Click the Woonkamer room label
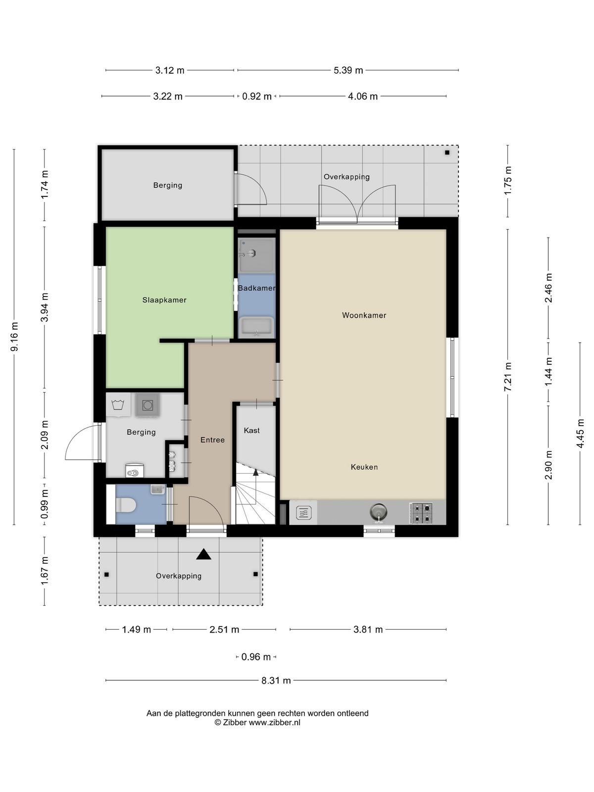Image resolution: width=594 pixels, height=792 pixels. (x=364, y=315)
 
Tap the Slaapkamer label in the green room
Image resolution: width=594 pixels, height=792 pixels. (x=164, y=300)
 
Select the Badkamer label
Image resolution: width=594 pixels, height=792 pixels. (x=256, y=288)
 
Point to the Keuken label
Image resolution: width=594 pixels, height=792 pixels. (x=364, y=467)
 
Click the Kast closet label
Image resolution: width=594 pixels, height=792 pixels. (x=251, y=430)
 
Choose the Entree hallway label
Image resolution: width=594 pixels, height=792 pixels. (x=212, y=440)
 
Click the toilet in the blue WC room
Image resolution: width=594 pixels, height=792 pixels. (x=125, y=504)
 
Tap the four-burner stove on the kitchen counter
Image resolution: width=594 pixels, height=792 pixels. (x=421, y=513)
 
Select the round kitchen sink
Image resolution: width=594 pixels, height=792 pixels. (x=378, y=512)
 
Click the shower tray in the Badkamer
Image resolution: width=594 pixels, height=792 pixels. (x=256, y=255)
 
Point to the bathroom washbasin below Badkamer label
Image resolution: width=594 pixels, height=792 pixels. (x=256, y=327)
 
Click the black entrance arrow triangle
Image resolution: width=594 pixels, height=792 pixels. (x=203, y=554)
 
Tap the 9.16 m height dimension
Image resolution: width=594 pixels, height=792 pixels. (x=14, y=337)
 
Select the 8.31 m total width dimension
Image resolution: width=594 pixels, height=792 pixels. (x=276, y=681)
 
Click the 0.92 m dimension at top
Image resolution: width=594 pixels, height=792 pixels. (x=256, y=97)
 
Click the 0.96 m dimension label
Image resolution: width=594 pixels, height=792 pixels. (x=256, y=657)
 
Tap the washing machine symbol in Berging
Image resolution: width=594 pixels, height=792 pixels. (x=148, y=405)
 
